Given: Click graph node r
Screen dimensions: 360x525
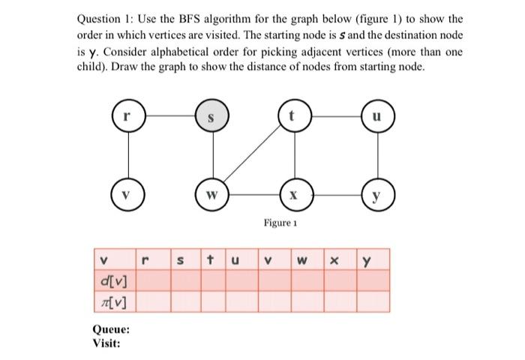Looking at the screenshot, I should pos(129,117).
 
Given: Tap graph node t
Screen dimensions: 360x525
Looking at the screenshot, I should pos(293,117).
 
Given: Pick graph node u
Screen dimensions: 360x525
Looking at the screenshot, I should pos(376,117).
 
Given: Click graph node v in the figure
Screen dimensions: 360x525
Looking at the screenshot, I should pos(129,197).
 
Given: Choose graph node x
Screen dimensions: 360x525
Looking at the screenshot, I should pos(293,197).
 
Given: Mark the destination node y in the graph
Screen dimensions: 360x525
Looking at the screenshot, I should pos(376,197).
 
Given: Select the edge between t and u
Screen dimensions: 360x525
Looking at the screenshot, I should pos(334,117).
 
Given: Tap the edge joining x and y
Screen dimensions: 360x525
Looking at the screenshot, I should pos(334,197).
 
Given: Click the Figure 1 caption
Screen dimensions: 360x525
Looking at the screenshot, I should pos(280,223).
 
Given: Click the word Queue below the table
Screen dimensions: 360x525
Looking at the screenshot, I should pos(110,330).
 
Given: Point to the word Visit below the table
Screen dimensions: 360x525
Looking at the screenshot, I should pos(106,343).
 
